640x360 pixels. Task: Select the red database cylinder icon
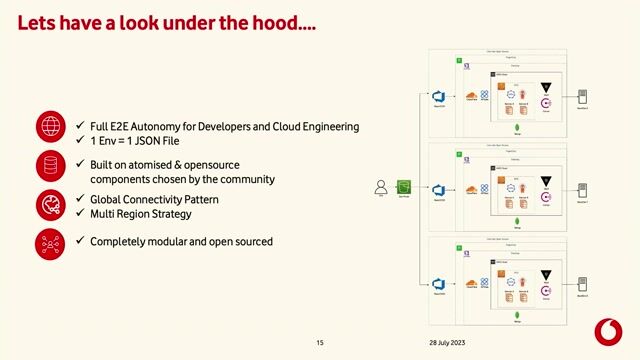coord(50,166)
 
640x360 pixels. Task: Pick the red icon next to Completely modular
coord(50,243)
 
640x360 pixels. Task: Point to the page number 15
coord(320,343)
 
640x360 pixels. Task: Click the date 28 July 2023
coord(446,343)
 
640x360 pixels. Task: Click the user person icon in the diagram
coord(380,186)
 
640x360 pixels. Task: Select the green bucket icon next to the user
coord(404,187)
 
